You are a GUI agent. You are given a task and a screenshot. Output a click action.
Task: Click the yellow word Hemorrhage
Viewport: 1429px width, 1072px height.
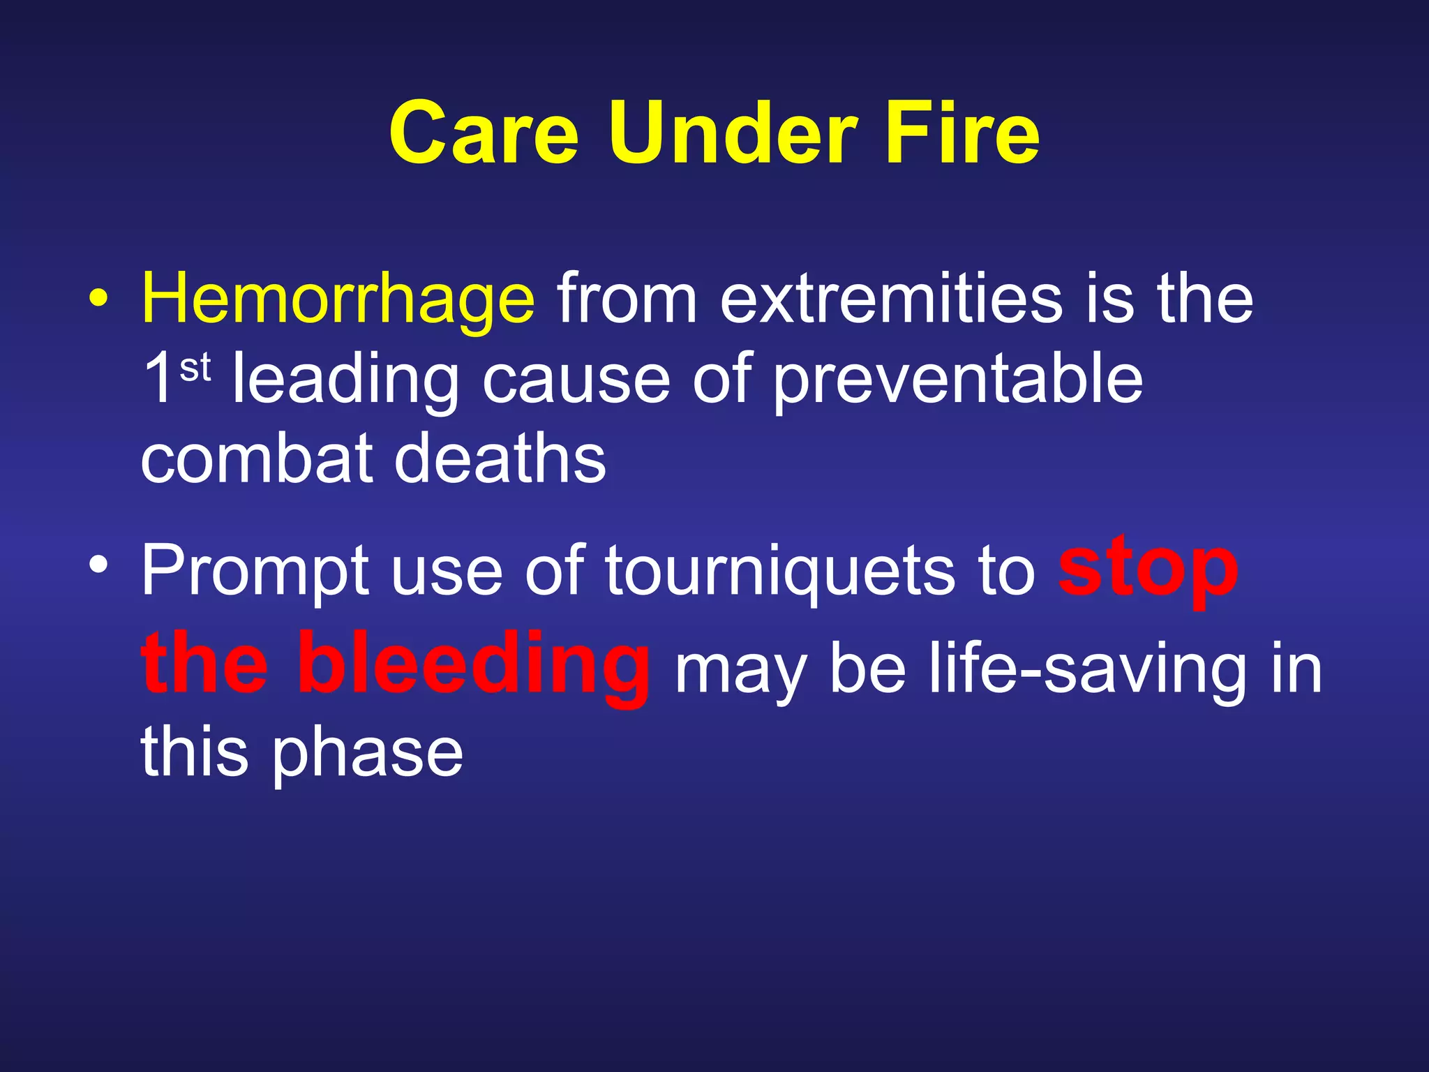[x=338, y=300]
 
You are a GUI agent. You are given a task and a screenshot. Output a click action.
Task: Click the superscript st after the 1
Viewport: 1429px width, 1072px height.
[x=195, y=368]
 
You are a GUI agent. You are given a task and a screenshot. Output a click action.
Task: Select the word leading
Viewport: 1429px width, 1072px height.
[x=345, y=380]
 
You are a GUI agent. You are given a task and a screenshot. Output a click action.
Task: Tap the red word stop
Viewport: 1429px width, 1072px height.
[x=1148, y=569]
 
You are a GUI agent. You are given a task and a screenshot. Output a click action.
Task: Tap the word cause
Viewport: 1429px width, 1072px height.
[x=576, y=380]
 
